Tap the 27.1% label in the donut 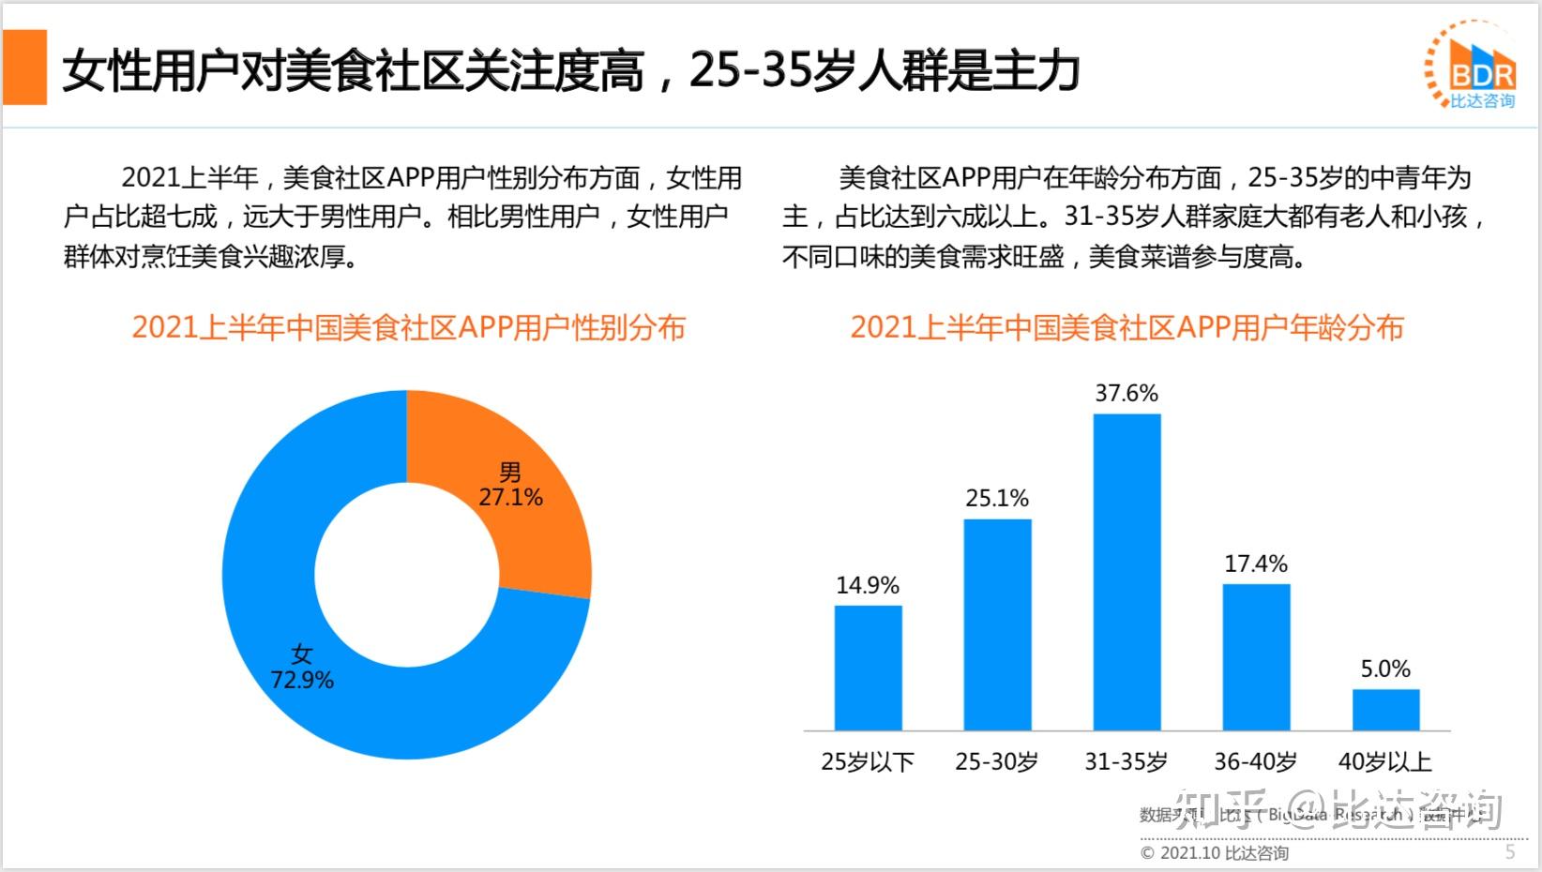tap(510, 497)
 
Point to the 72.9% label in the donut tap(302, 679)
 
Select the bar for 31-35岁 tap(1126, 572)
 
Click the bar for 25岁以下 tap(868, 668)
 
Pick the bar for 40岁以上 tap(1385, 710)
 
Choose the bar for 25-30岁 tap(997, 624)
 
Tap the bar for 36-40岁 tap(1256, 656)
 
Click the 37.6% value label tap(1126, 393)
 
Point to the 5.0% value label tap(1385, 669)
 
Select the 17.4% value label tap(1256, 564)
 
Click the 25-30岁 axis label tap(997, 761)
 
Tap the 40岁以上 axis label tap(1385, 761)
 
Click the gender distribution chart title tap(408, 327)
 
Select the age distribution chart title tap(1126, 327)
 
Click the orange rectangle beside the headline tap(24, 67)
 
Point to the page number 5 tap(1510, 851)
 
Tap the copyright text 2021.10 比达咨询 tap(1215, 852)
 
